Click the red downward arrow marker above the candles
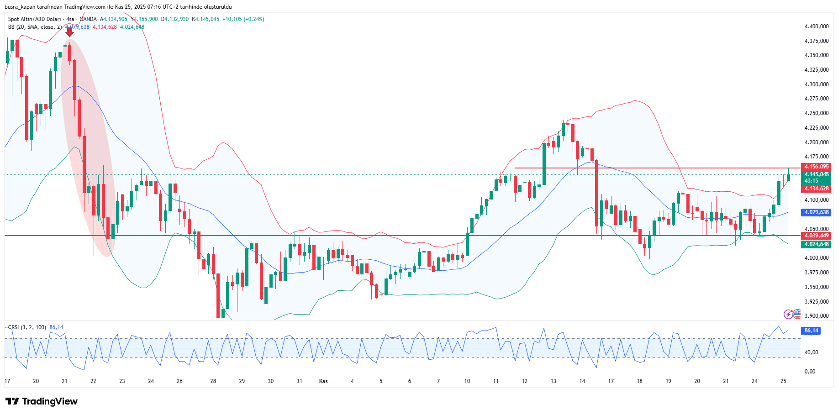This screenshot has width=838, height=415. [69, 32]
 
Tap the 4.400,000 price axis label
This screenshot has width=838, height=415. [817, 26]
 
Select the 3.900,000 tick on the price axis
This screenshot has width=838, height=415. [817, 316]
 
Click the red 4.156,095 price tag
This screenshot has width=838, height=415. [816, 167]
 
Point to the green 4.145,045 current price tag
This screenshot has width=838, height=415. [816, 174]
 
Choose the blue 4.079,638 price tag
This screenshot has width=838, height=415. [816, 212]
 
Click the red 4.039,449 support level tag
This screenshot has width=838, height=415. [816, 236]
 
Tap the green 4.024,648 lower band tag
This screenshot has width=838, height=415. [816, 244]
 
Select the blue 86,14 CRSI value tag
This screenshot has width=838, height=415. [811, 331]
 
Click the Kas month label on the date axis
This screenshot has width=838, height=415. [323, 381]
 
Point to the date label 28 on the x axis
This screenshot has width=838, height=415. [213, 381]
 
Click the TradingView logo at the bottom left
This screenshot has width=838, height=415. [42, 401]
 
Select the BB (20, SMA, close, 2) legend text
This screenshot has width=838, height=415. [35, 27]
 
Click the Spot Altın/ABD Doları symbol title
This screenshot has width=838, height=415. [34, 19]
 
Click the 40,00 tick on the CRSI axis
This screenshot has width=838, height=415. [812, 352]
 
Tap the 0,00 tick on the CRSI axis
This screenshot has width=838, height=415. [810, 372]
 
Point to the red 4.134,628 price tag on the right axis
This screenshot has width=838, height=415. [816, 189]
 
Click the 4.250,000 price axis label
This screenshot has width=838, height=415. [817, 113]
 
